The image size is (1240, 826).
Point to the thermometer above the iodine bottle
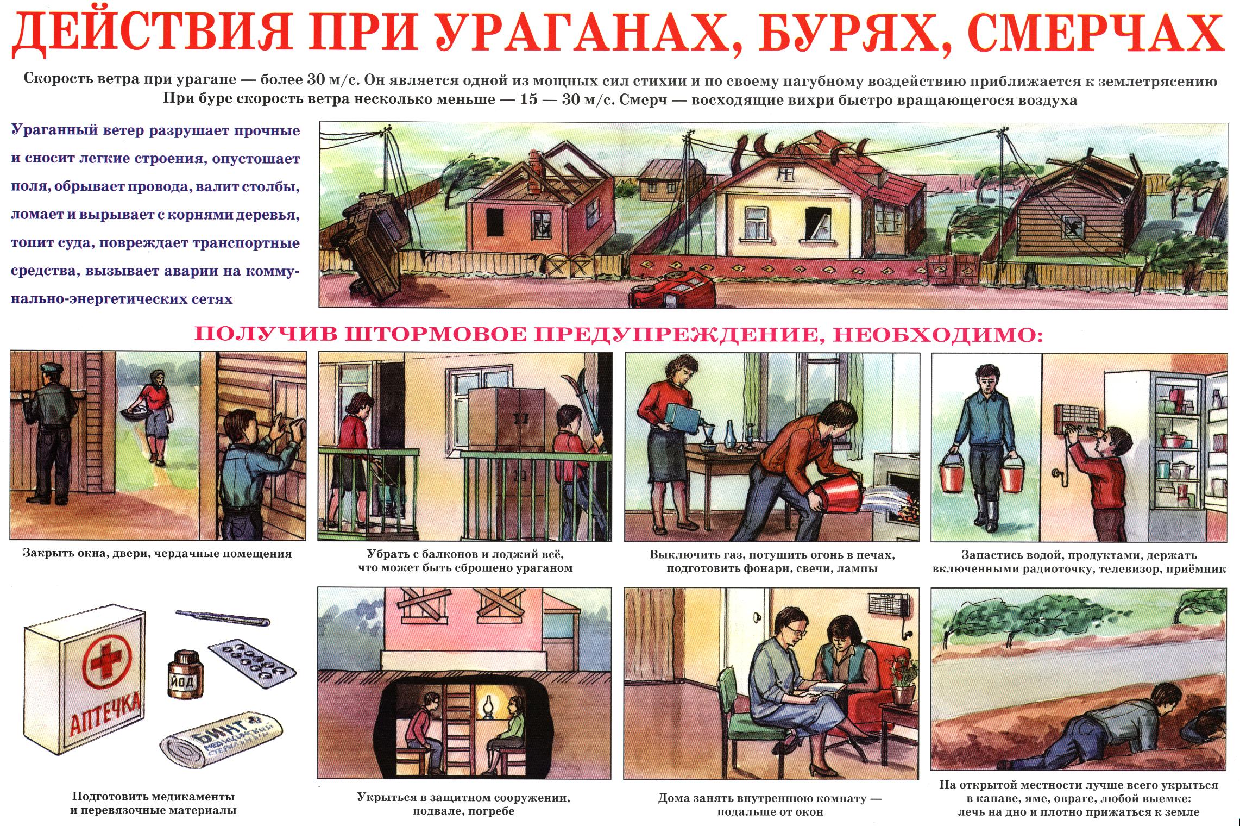(x=223, y=617)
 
